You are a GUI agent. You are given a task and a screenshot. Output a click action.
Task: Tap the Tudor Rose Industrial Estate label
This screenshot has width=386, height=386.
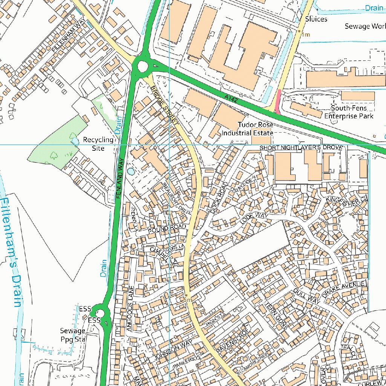[x=247, y=129]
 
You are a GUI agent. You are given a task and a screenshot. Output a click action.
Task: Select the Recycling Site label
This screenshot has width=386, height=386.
[x=98, y=144]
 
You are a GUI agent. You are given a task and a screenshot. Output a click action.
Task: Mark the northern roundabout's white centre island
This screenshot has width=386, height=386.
[x=142, y=67]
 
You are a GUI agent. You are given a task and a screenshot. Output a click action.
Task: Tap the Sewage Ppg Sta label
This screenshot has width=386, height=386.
[x=73, y=335]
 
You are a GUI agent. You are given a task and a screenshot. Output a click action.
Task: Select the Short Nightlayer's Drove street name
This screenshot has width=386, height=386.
[x=300, y=147]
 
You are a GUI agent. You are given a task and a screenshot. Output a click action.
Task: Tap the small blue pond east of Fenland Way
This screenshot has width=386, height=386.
[x=130, y=172]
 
